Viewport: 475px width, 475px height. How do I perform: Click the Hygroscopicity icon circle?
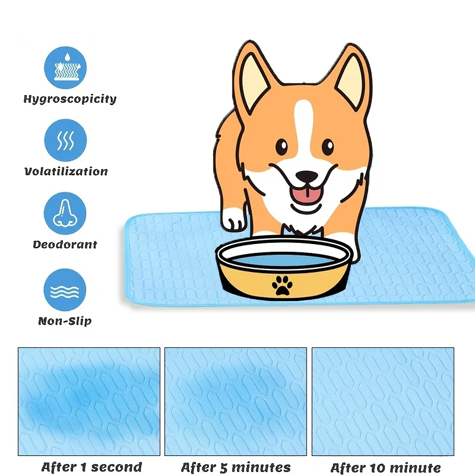[x=65, y=68]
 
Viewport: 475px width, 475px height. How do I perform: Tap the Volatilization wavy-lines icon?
[x=65, y=140]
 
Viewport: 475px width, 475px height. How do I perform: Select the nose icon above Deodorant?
[x=65, y=213]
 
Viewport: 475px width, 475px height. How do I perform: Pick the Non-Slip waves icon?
[x=65, y=290]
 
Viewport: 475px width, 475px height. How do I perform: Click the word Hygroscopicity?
[x=70, y=99]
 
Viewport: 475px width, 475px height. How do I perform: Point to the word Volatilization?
[x=66, y=172]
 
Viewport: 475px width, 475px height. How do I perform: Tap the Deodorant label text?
[x=65, y=245]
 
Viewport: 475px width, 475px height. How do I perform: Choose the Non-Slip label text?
[x=65, y=321]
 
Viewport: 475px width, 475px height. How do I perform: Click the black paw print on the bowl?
[x=282, y=285]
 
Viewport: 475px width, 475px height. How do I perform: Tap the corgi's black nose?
[x=307, y=176]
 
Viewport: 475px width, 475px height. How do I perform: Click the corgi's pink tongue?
[x=307, y=195]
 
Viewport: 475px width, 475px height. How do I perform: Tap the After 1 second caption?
[x=92, y=467]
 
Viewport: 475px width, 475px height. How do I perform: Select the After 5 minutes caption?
[x=236, y=467]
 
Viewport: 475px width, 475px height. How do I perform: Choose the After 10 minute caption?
[x=385, y=467]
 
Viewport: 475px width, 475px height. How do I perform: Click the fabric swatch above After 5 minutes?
[x=236, y=401]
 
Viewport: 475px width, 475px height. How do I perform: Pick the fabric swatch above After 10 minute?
[x=383, y=401]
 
